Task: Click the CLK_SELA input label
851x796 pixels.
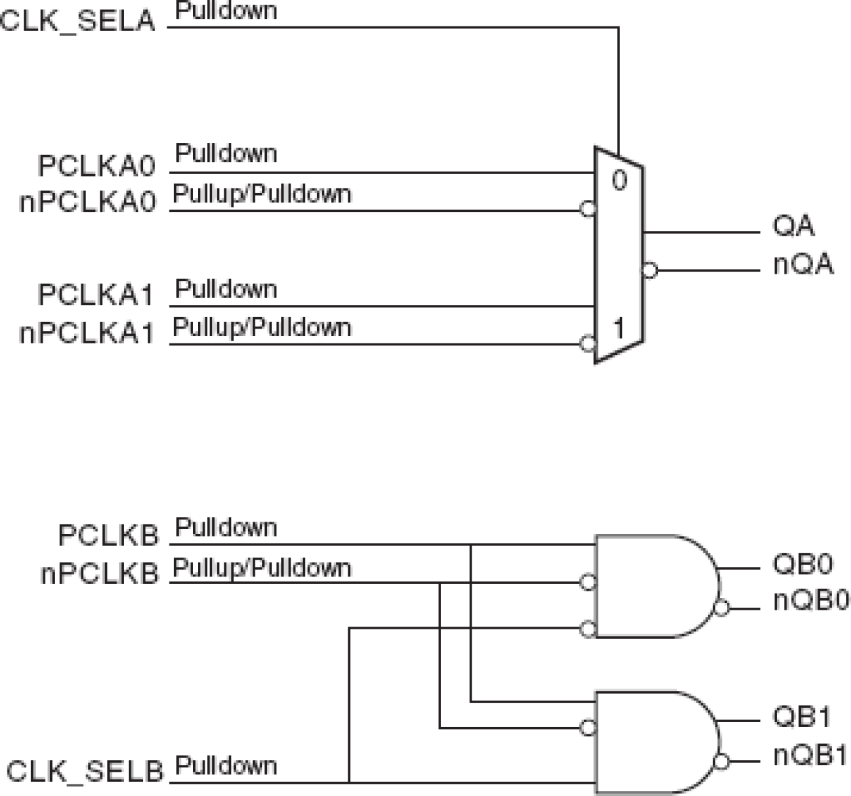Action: click(78, 21)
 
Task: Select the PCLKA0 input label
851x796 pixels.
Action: click(97, 166)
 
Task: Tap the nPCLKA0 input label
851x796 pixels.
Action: click(88, 202)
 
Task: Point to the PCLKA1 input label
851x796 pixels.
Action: click(97, 295)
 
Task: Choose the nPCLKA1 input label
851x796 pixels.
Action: click(88, 333)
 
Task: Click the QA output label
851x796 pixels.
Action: click(793, 226)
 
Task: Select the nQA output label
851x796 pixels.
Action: click(803, 264)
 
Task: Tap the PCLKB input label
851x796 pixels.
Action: click(108, 536)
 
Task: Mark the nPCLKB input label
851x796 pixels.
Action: click(100, 574)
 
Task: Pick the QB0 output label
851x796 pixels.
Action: click(803, 564)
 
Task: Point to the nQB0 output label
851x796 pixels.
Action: click(811, 600)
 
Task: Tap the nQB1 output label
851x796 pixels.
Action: click(810, 755)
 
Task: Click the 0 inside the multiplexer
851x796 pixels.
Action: click(619, 180)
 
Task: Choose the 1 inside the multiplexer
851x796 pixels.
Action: click(619, 329)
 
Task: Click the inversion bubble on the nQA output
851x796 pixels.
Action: click(650, 270)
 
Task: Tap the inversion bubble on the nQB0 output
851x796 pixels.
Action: click(722, 608)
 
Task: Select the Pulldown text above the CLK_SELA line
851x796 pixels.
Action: click(226, 11)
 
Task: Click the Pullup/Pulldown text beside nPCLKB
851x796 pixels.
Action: click(262, 568)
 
